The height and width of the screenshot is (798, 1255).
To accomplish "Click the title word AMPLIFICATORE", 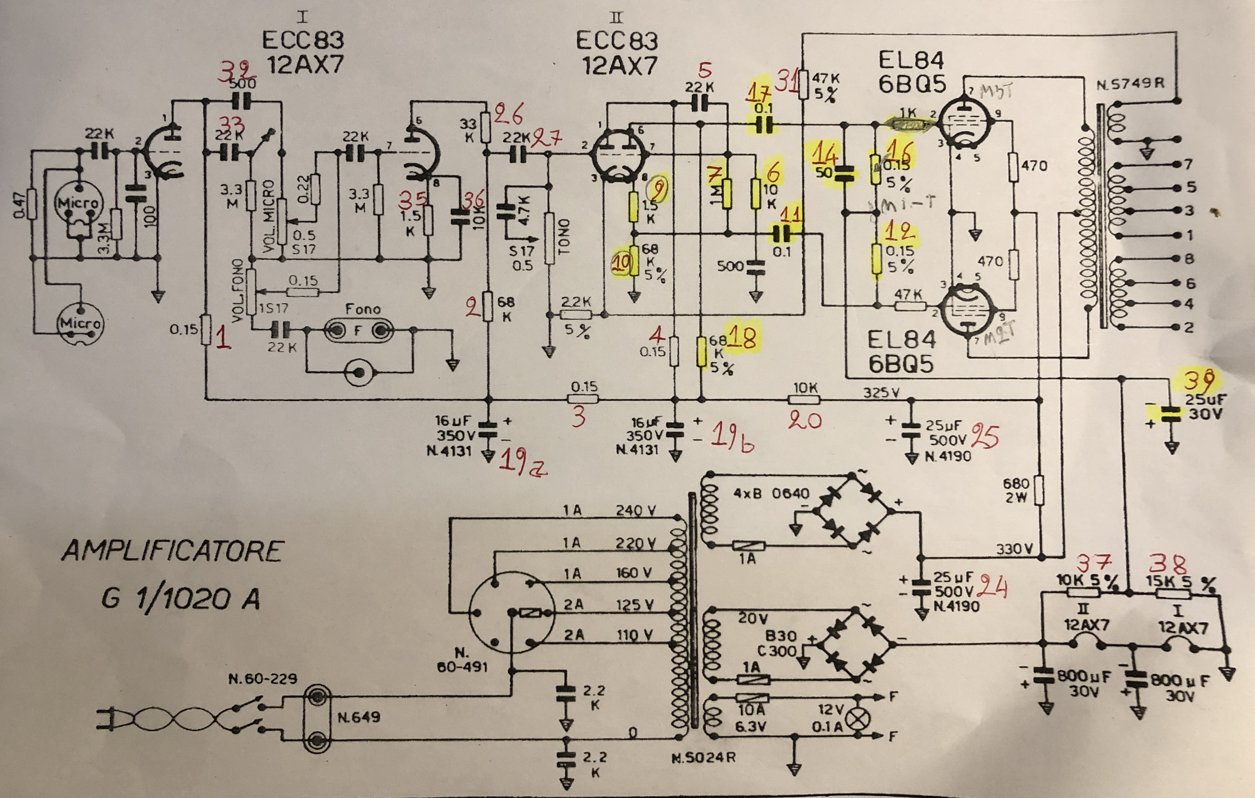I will (x=172, y=551).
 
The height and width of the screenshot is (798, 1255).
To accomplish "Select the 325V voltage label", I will (x=881, y=392).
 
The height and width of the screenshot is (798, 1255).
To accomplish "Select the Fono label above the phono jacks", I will (x=363, y=309).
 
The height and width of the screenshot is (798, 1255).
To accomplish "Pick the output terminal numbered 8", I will (x=1189, y=259).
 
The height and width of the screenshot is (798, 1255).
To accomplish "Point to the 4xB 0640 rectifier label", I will (x=771, y=493).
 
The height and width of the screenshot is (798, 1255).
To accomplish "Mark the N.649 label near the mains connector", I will (x=358, y=717).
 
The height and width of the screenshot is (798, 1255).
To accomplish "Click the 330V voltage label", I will (x=1014, y=549).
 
